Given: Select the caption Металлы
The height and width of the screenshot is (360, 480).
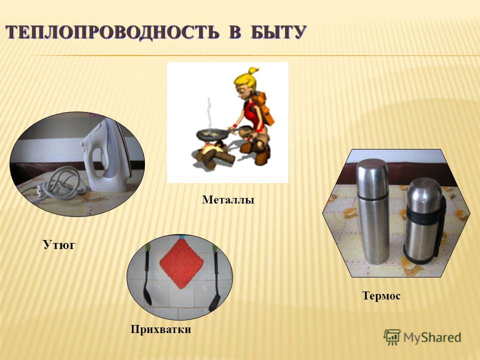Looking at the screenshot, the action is coord(228,200).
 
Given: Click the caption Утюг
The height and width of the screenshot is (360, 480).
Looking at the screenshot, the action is coord(59,245).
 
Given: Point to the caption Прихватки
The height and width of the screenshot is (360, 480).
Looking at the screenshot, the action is coord(160,329).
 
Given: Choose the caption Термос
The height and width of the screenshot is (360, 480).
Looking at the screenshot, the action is coord(381,295).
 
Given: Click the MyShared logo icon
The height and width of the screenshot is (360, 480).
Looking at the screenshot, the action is coord(392,337).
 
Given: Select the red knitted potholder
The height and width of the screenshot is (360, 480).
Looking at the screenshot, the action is coord(181,263).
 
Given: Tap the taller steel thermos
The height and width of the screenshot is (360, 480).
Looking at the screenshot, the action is coord(373,211).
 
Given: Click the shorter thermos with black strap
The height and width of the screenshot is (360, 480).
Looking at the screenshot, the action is coord(424,220).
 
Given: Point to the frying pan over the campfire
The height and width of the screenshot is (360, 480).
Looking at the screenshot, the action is coord(213,134).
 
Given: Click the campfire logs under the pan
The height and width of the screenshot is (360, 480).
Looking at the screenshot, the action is coord(213,156).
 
